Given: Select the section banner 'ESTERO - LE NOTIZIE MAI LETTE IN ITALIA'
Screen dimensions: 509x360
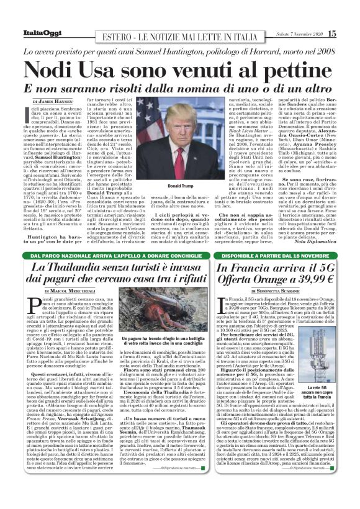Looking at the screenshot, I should (181, 35).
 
